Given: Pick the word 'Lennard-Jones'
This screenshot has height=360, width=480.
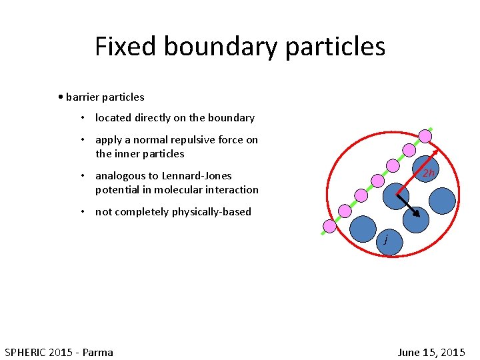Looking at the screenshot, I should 197,176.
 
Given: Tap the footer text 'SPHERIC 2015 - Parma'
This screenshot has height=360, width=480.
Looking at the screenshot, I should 59,352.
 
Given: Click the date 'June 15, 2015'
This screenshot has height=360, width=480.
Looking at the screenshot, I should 431,352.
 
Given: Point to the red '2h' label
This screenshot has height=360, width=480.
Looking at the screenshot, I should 428,173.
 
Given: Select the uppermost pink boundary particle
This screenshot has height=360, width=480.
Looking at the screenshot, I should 425,137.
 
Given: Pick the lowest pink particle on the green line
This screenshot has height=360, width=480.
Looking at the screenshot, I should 329,226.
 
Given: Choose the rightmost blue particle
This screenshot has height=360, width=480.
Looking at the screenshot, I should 441,200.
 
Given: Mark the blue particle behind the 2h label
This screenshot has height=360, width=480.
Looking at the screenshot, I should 425,169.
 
